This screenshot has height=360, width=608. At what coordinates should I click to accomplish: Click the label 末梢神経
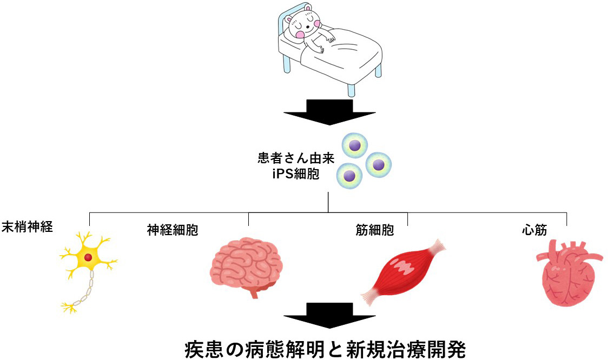click(28, 226)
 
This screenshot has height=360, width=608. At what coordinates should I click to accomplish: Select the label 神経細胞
click(172, 231)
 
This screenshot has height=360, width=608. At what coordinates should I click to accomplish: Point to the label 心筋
click(534, 230)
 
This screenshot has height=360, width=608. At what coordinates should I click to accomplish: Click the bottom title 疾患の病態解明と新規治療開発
click(325, 349)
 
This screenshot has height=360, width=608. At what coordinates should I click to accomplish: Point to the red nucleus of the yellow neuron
click(88, 258)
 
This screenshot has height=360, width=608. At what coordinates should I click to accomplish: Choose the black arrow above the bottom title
click(329, 316)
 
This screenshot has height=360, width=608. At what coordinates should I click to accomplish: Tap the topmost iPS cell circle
click(355, 145)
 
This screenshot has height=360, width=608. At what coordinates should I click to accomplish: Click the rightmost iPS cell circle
click(379, 164)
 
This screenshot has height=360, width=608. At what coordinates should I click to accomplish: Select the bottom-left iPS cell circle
click(349, 175)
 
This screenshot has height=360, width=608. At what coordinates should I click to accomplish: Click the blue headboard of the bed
click(282, 24)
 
